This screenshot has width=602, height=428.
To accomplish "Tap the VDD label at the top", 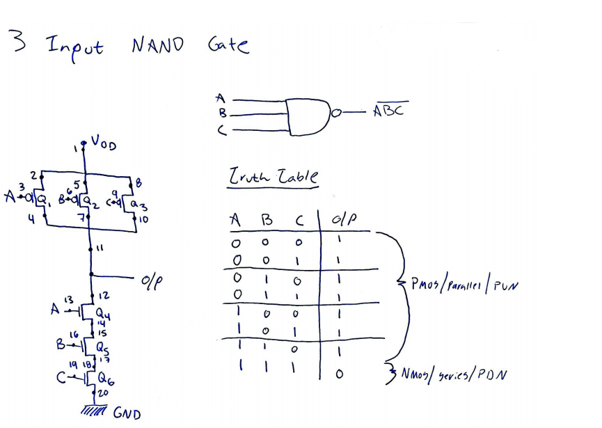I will click(x=104, y=145).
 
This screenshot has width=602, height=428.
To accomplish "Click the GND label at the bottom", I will click(x=127, y=415).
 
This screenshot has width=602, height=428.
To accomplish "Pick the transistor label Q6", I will click(x=104, y=379).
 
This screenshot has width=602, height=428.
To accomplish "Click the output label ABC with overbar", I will click(x=390, y=111).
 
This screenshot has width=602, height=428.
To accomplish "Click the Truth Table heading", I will click(x=273, y=178).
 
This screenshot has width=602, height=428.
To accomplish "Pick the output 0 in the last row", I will click(x=340, y=374).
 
